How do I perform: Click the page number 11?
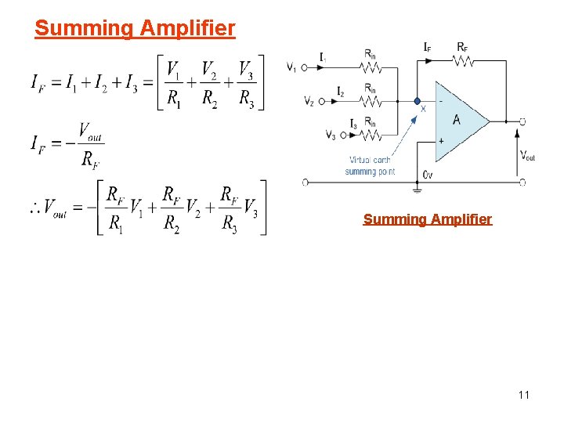click(x=523, y=395)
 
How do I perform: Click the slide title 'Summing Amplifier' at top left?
click(x=135, y=29)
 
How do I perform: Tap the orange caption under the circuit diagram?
click(x=427, y=219)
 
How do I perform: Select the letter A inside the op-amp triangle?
click(x=456, y=119)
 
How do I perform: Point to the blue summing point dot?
click(x=418, y=100)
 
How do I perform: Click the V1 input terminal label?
click(x=291, y=67)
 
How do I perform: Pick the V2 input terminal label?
click(x=308, y=101)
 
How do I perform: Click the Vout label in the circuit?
click(x=529, y=156)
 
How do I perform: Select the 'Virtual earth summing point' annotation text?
click(x=370, y=166)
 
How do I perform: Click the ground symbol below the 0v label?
click(x=418, y=188)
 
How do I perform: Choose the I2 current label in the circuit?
click(x=341, y=92)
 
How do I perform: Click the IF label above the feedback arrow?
click(x=428, y=48)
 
